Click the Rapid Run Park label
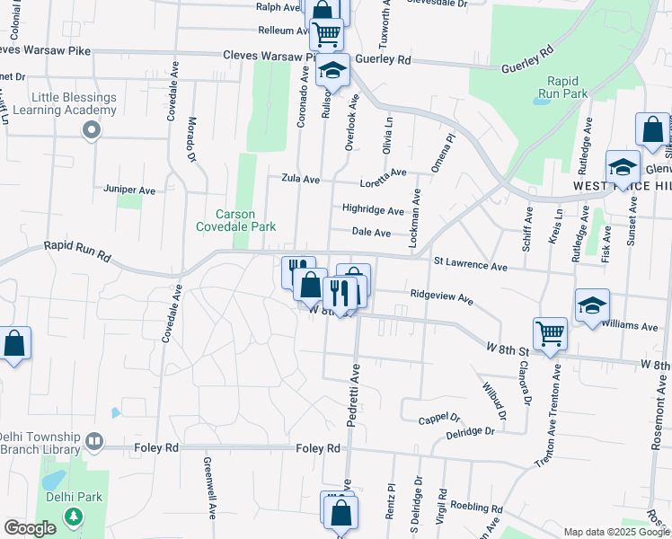coord(563,86)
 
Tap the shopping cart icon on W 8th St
coord(549,333)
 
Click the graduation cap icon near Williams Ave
coord(592,305)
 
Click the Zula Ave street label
coord(300,180)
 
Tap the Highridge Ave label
coord(373,210)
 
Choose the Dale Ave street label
coord(371,233)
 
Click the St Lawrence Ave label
coord(471,266)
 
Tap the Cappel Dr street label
coord(439,419)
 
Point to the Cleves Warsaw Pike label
coord(266,56)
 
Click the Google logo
coord(31,528)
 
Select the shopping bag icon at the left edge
coord(14,343)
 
